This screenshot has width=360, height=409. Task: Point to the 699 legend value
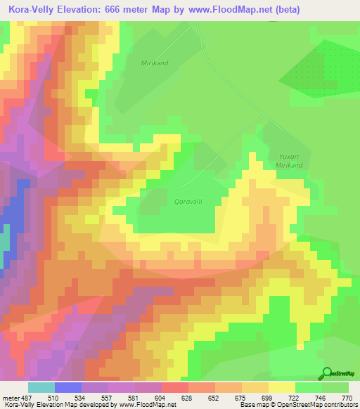255,397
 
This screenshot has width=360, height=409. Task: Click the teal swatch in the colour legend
41,387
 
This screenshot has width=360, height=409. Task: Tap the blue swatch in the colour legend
68,387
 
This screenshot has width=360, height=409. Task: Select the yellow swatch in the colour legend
282,387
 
